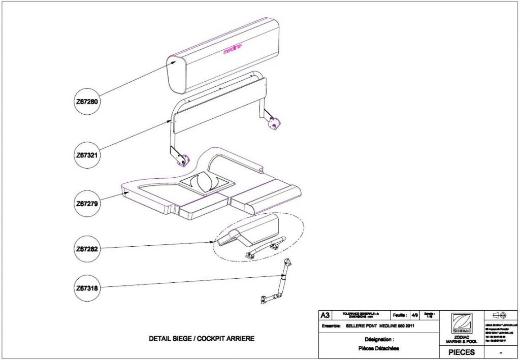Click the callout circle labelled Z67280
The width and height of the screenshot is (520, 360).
(x=86, y=102)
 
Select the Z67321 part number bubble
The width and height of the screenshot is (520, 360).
(x=86, y=153)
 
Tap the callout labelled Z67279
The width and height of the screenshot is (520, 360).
(x=86, y=204)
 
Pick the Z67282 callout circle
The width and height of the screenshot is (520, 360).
(x=86, y=249)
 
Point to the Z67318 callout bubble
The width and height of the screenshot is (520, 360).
(x=86, y=288)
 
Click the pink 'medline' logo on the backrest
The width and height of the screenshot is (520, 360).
(x=233, y=49)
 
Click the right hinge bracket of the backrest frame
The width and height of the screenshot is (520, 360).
(x=274, y=122)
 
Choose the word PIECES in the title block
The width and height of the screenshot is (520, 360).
(x=462, y=351)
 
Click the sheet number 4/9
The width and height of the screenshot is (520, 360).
(x=415, y=315)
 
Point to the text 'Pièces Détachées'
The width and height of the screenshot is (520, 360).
(x=378, y=348)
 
